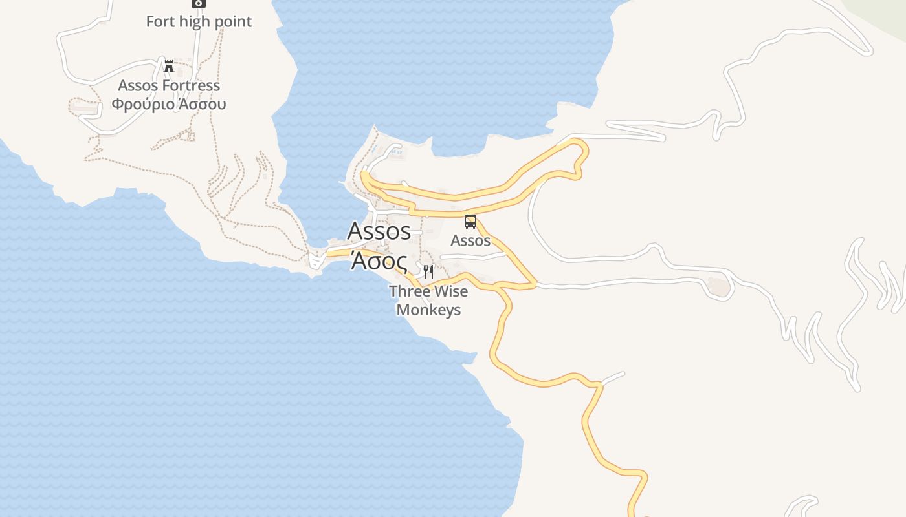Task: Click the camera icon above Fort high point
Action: point(199,3)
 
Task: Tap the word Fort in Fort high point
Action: point(159,21)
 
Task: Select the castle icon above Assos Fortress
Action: point(169,66)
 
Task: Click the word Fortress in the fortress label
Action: point(192,85)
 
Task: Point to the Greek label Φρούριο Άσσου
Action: point(169,103)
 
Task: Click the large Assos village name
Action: point(379,231)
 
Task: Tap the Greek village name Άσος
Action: point(379,261)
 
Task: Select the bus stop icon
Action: point(470,222)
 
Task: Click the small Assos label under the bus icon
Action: point(470,240)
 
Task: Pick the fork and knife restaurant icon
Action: point(428,271)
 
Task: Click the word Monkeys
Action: point(428,310)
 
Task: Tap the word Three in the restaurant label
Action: point(409,291)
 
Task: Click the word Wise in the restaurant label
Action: point(450,291)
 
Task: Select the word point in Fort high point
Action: point(234,21)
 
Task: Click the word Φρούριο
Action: point(138,103)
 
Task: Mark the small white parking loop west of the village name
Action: point(316,260)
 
